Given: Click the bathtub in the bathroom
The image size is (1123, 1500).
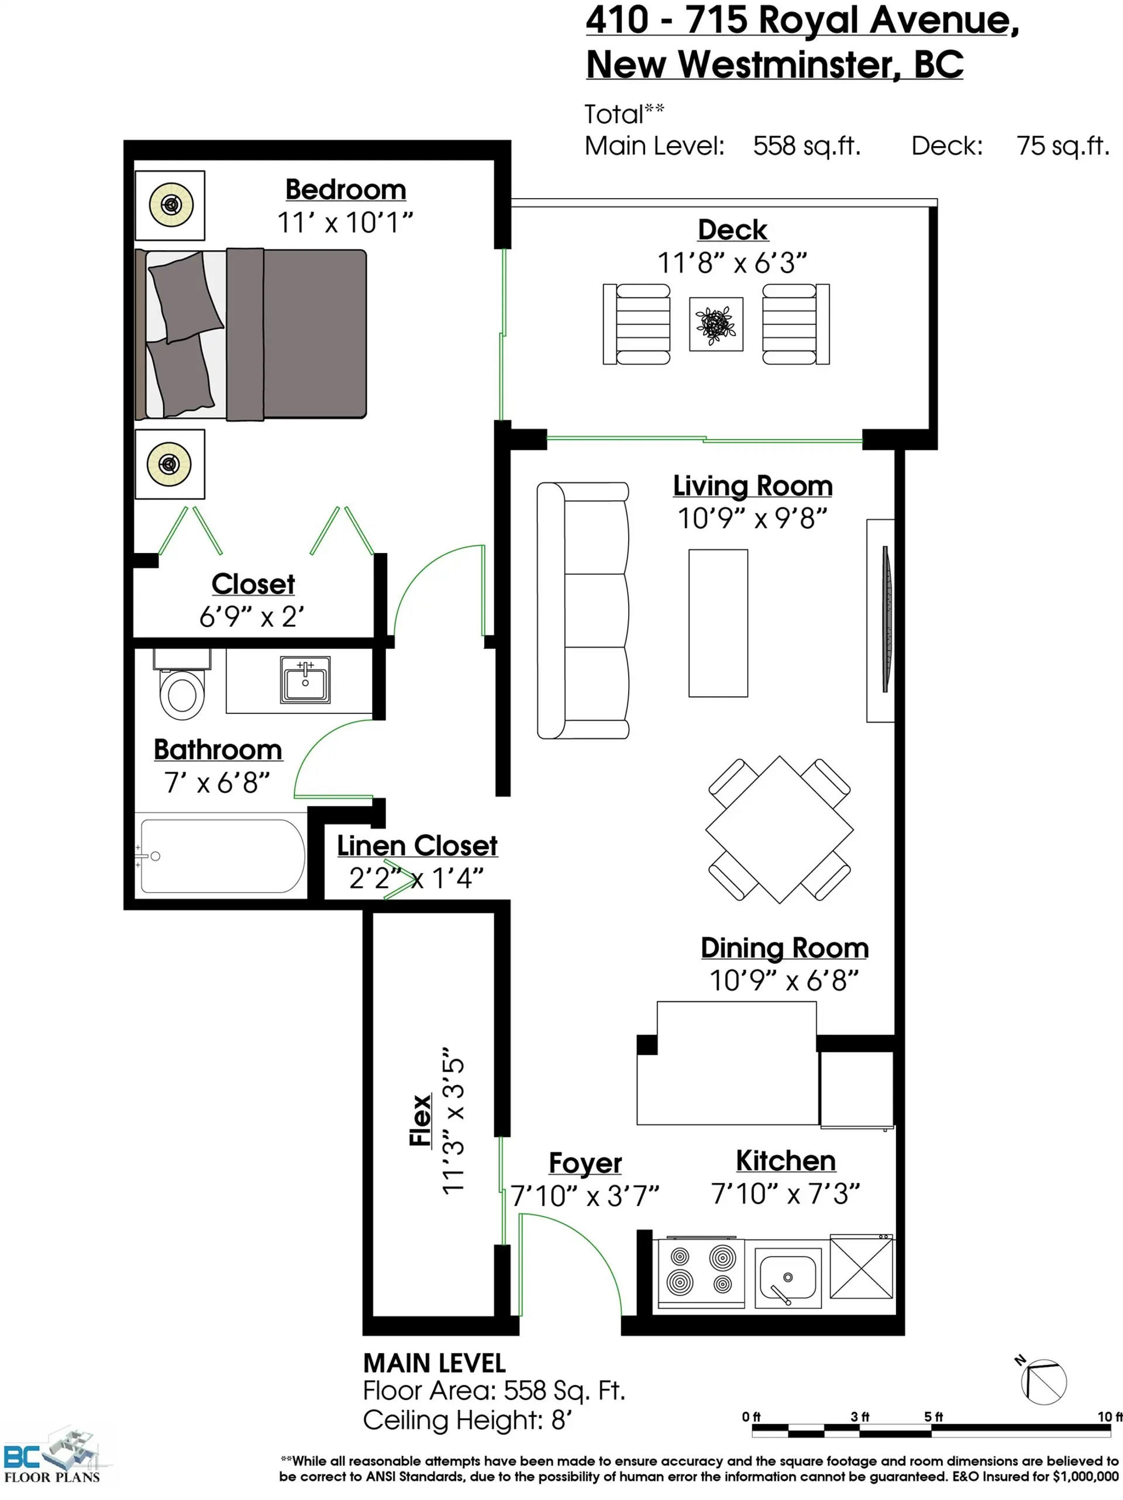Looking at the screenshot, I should click(x=222, y=856).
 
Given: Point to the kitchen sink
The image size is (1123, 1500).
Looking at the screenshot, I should click(x=787, y=1278).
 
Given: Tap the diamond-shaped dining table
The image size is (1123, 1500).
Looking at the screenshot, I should click(x=778, y=830).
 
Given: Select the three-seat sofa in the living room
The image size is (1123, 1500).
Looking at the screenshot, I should click(x=582, y=610).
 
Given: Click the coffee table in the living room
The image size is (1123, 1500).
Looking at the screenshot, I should click(x=717, y=623).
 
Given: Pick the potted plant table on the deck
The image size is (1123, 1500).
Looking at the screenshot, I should click(x=715, y=324).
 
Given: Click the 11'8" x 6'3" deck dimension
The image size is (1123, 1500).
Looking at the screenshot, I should click(x=732, y=263).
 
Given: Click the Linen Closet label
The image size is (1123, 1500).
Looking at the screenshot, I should click(x=416, y=846).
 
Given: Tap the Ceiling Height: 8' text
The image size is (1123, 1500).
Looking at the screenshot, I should click(x=467, y=1420).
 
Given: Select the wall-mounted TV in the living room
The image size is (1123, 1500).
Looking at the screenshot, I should click(x=884, y=619).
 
